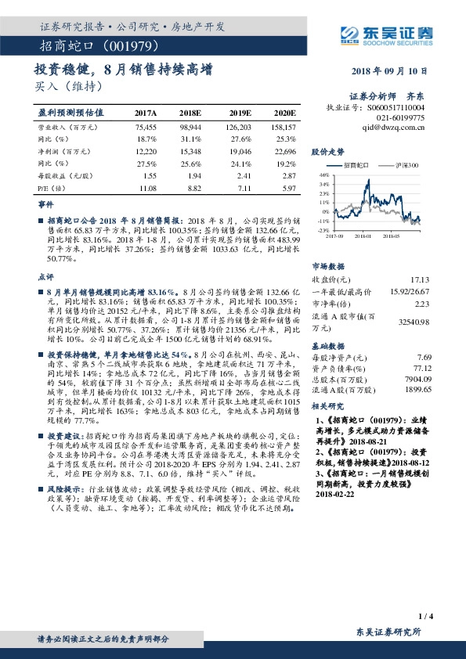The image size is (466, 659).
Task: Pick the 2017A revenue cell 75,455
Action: pyautogui.click(x=146, y=126)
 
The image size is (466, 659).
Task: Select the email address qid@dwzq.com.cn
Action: pyautogui.click(x=394, y=125)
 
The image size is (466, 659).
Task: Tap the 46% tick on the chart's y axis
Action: pyautogui.click(x=324, y=175)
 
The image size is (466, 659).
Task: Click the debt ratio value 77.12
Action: pyautogui.click(x=422, y=367)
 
